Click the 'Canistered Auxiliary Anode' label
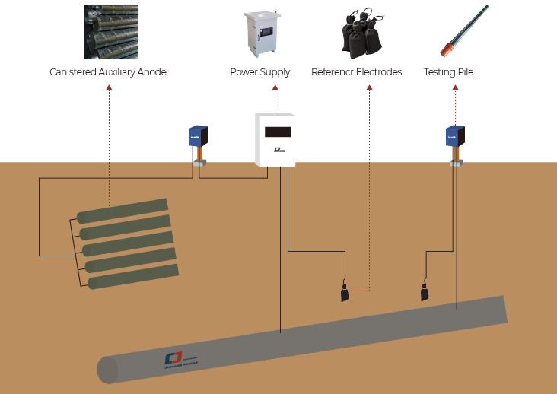point(108,72)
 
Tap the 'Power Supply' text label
point(259,72)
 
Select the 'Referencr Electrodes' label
point(356,72)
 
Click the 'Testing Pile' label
point(448,72)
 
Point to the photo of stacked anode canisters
point(110,32)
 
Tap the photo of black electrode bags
point(361,33)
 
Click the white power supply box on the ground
point(275,139)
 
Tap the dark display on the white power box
point(278,132)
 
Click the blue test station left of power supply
point(199,137)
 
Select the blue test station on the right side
point(454,137)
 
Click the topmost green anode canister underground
point(122,211)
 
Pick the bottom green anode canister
point(132,277)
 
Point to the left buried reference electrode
point(345,293)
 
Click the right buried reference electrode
point(425,292)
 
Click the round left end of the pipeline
point(107,370)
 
